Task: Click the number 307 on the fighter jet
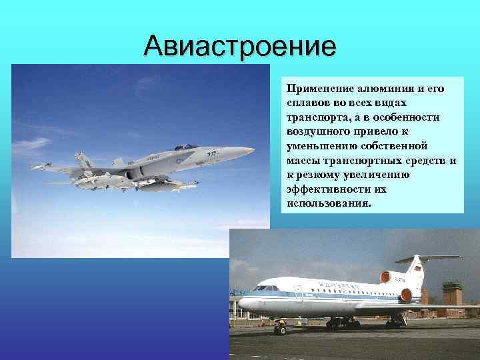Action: [211, 154]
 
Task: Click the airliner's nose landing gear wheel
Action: [281, 330]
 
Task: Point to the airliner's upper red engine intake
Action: [385, 276]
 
